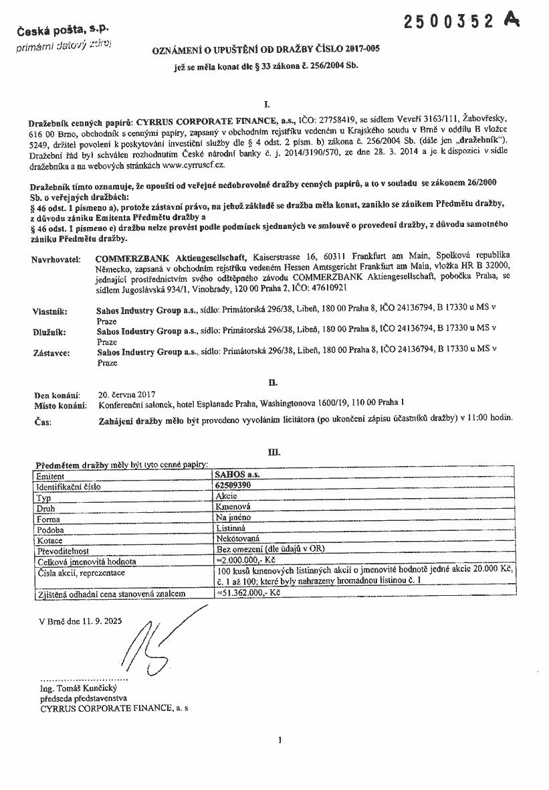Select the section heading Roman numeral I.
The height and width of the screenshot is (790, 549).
pyautogui.click(x=267, y=104)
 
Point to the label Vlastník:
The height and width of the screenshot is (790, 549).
pyautogui.click(x=51, y=311)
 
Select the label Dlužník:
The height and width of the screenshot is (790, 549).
pyautogui.click(x=50, y=331)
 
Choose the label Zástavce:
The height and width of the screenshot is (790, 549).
pyautogui.click(x=51, y=352)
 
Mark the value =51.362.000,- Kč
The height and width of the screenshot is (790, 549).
pyautogui.click(x=249, y=594)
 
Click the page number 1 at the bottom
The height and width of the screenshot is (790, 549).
pyautogui.click(x=280, y=740)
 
